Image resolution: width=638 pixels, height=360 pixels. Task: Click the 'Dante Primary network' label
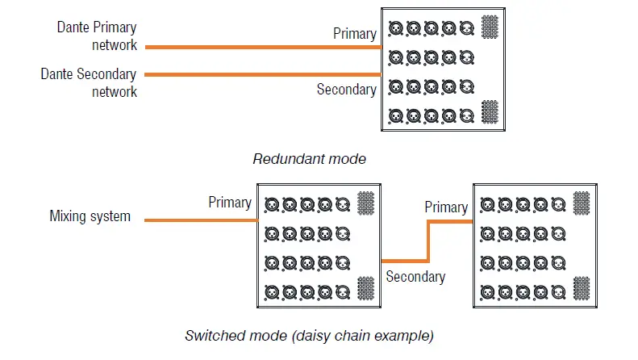(x=96, y=36)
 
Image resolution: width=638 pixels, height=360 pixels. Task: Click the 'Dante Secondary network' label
(x=89, y=82)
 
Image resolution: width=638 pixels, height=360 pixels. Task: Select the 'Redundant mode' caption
(x=309, y=159)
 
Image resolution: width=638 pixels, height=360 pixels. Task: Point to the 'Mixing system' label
(x=90, y=216)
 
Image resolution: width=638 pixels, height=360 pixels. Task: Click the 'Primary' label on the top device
(x=355, y=34)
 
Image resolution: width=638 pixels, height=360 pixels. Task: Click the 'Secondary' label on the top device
(x=346, y=90)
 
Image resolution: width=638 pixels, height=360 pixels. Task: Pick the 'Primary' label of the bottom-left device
(x=230, y=202)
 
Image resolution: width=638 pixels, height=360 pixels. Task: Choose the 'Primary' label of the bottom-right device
(x=446, y=207)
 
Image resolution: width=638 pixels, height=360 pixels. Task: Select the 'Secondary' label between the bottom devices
(x=415, y=277)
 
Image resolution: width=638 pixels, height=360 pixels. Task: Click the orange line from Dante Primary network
(x=262, y=47)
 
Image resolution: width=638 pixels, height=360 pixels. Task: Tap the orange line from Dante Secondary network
(x=262, y=75)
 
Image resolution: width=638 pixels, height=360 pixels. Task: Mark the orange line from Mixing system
(x=202, y=220)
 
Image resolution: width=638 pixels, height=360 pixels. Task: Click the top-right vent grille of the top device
(x=489, y=27)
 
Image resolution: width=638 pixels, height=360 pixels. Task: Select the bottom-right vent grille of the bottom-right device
(x=582, y=287)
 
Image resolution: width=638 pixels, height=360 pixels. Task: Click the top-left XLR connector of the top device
(x=395, y=28)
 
